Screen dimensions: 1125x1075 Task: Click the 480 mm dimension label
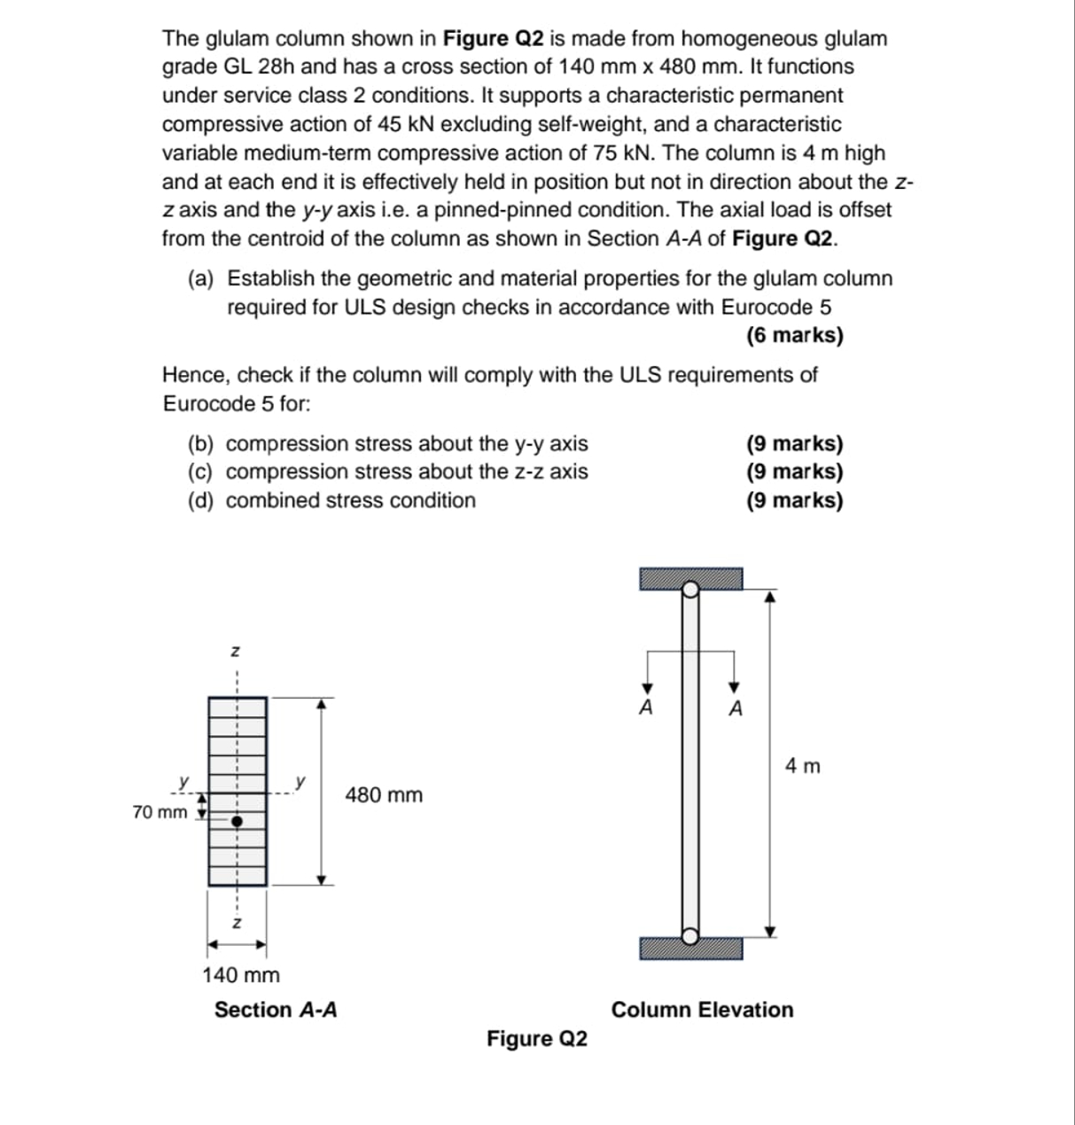coord(384,795)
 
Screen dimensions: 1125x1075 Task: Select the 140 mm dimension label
coord(241,975)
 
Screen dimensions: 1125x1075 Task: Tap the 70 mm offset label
coord(160,812)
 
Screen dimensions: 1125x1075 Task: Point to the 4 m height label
coord(803,765)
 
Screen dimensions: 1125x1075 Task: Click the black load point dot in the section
coord(237,822)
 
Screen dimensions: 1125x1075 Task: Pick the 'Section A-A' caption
coord(276,1010)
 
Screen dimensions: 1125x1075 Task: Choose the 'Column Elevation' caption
coord(702,1010)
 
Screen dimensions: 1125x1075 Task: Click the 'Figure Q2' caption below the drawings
coord(536,1038)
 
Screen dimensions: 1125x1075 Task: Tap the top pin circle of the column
coord(690,587)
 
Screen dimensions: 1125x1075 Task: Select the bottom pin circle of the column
coord(690,934)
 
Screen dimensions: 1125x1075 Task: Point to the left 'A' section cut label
coord(647,708)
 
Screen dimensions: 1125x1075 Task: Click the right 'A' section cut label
coord(735,708)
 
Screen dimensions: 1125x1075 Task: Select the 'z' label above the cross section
coord(235,652)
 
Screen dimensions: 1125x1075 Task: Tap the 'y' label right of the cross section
coord(301,782)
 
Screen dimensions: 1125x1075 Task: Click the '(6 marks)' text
coord(794,335)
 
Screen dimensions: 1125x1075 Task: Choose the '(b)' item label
coord(204,443)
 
